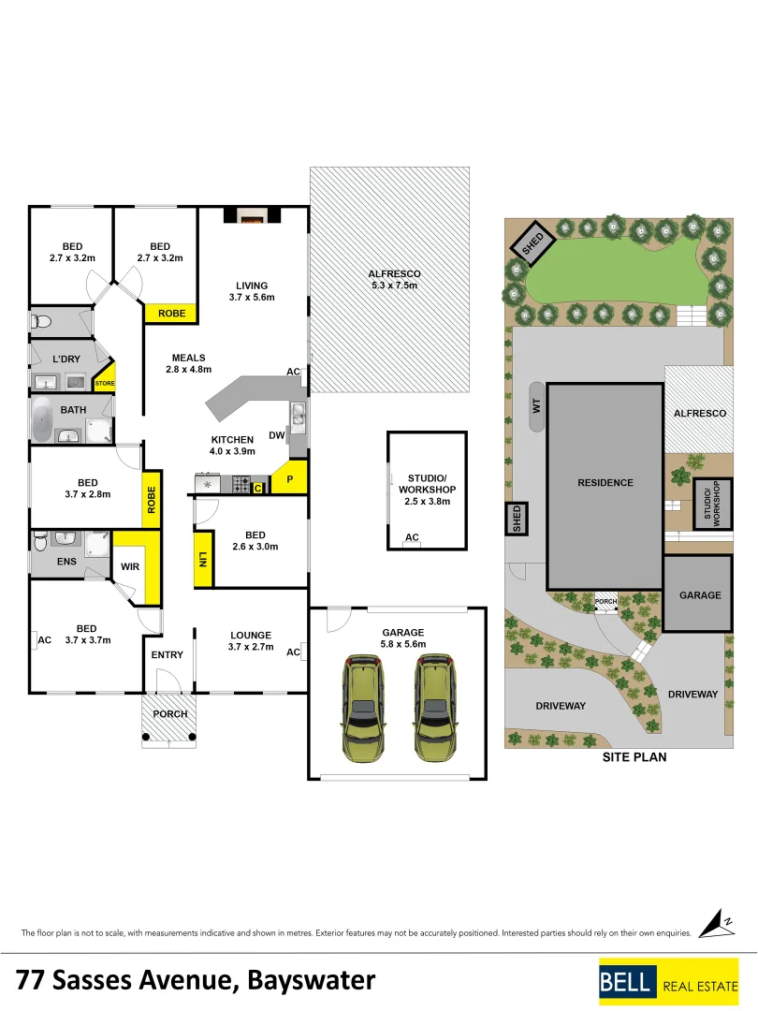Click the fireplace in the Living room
click(250, 216)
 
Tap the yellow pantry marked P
click(291, 478)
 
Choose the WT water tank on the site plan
click(537, 406)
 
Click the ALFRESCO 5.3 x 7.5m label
click(393, 280)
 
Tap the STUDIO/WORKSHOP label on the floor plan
click(426, 489)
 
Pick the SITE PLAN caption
click(634, 757)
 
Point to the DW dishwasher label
click(276, 435)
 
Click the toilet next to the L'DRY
click(40, 322)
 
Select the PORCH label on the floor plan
click(169, 714)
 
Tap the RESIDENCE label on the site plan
click(605, 483)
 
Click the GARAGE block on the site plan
click(699, 594)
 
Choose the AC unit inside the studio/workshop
click(412, 537)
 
